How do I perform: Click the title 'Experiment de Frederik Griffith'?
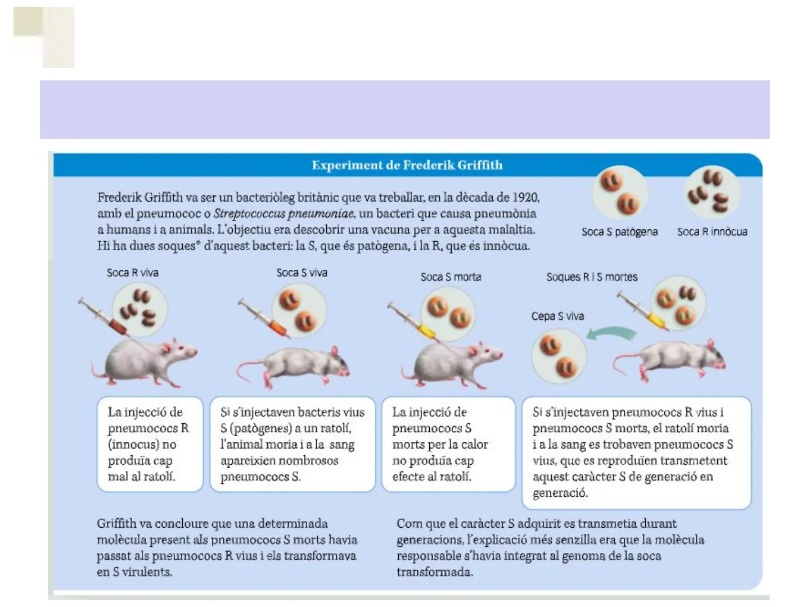tap(407, 165)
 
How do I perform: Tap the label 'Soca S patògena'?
tap(619, 232)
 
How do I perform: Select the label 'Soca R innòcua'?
tap(712, 232)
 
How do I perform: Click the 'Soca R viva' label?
tap(133, 273)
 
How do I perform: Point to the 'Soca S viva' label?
tap(301, 273)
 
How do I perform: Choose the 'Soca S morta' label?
tap(451, 277)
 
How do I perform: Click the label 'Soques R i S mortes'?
tap(592, 277)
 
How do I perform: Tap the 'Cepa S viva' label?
tap(557, 316)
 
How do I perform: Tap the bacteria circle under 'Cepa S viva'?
tap(559, 356)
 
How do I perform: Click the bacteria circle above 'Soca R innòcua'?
tap(712, 193)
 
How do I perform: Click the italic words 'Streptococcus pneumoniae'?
tap(284, 214)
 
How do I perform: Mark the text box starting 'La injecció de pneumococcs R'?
tap(150, 444)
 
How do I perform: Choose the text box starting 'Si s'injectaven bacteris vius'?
tap(292, 444)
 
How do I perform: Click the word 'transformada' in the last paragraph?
tap(434, 572)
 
